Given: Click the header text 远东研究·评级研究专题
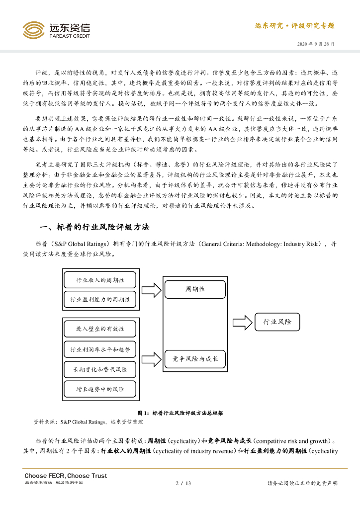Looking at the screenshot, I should coord(294,26).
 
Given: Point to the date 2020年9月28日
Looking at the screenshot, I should coord(316,44).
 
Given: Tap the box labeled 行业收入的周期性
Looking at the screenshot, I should coord(100,280).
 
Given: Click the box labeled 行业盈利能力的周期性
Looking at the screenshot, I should coord(100,299).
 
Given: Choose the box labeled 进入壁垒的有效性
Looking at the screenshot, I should coord(100,329).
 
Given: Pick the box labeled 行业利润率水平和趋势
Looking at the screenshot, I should coord(100,350).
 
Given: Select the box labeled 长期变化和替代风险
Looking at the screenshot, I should coord(100,370).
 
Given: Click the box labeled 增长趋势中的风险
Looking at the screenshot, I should coord(100,389).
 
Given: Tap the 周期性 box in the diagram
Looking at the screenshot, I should coord(195,289).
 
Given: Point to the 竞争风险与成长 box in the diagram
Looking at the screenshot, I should coord(195,358).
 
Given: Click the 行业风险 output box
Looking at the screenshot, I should coord(277,322).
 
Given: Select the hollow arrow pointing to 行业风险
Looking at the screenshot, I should coord(242,322).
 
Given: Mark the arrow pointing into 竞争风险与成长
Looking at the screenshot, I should coord(152,358).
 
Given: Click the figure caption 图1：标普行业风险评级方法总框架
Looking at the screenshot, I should coord(180,413).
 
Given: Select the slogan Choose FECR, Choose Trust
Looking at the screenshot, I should coord(66,476).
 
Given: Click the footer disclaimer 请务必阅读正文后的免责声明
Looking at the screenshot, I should coord(302,483).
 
